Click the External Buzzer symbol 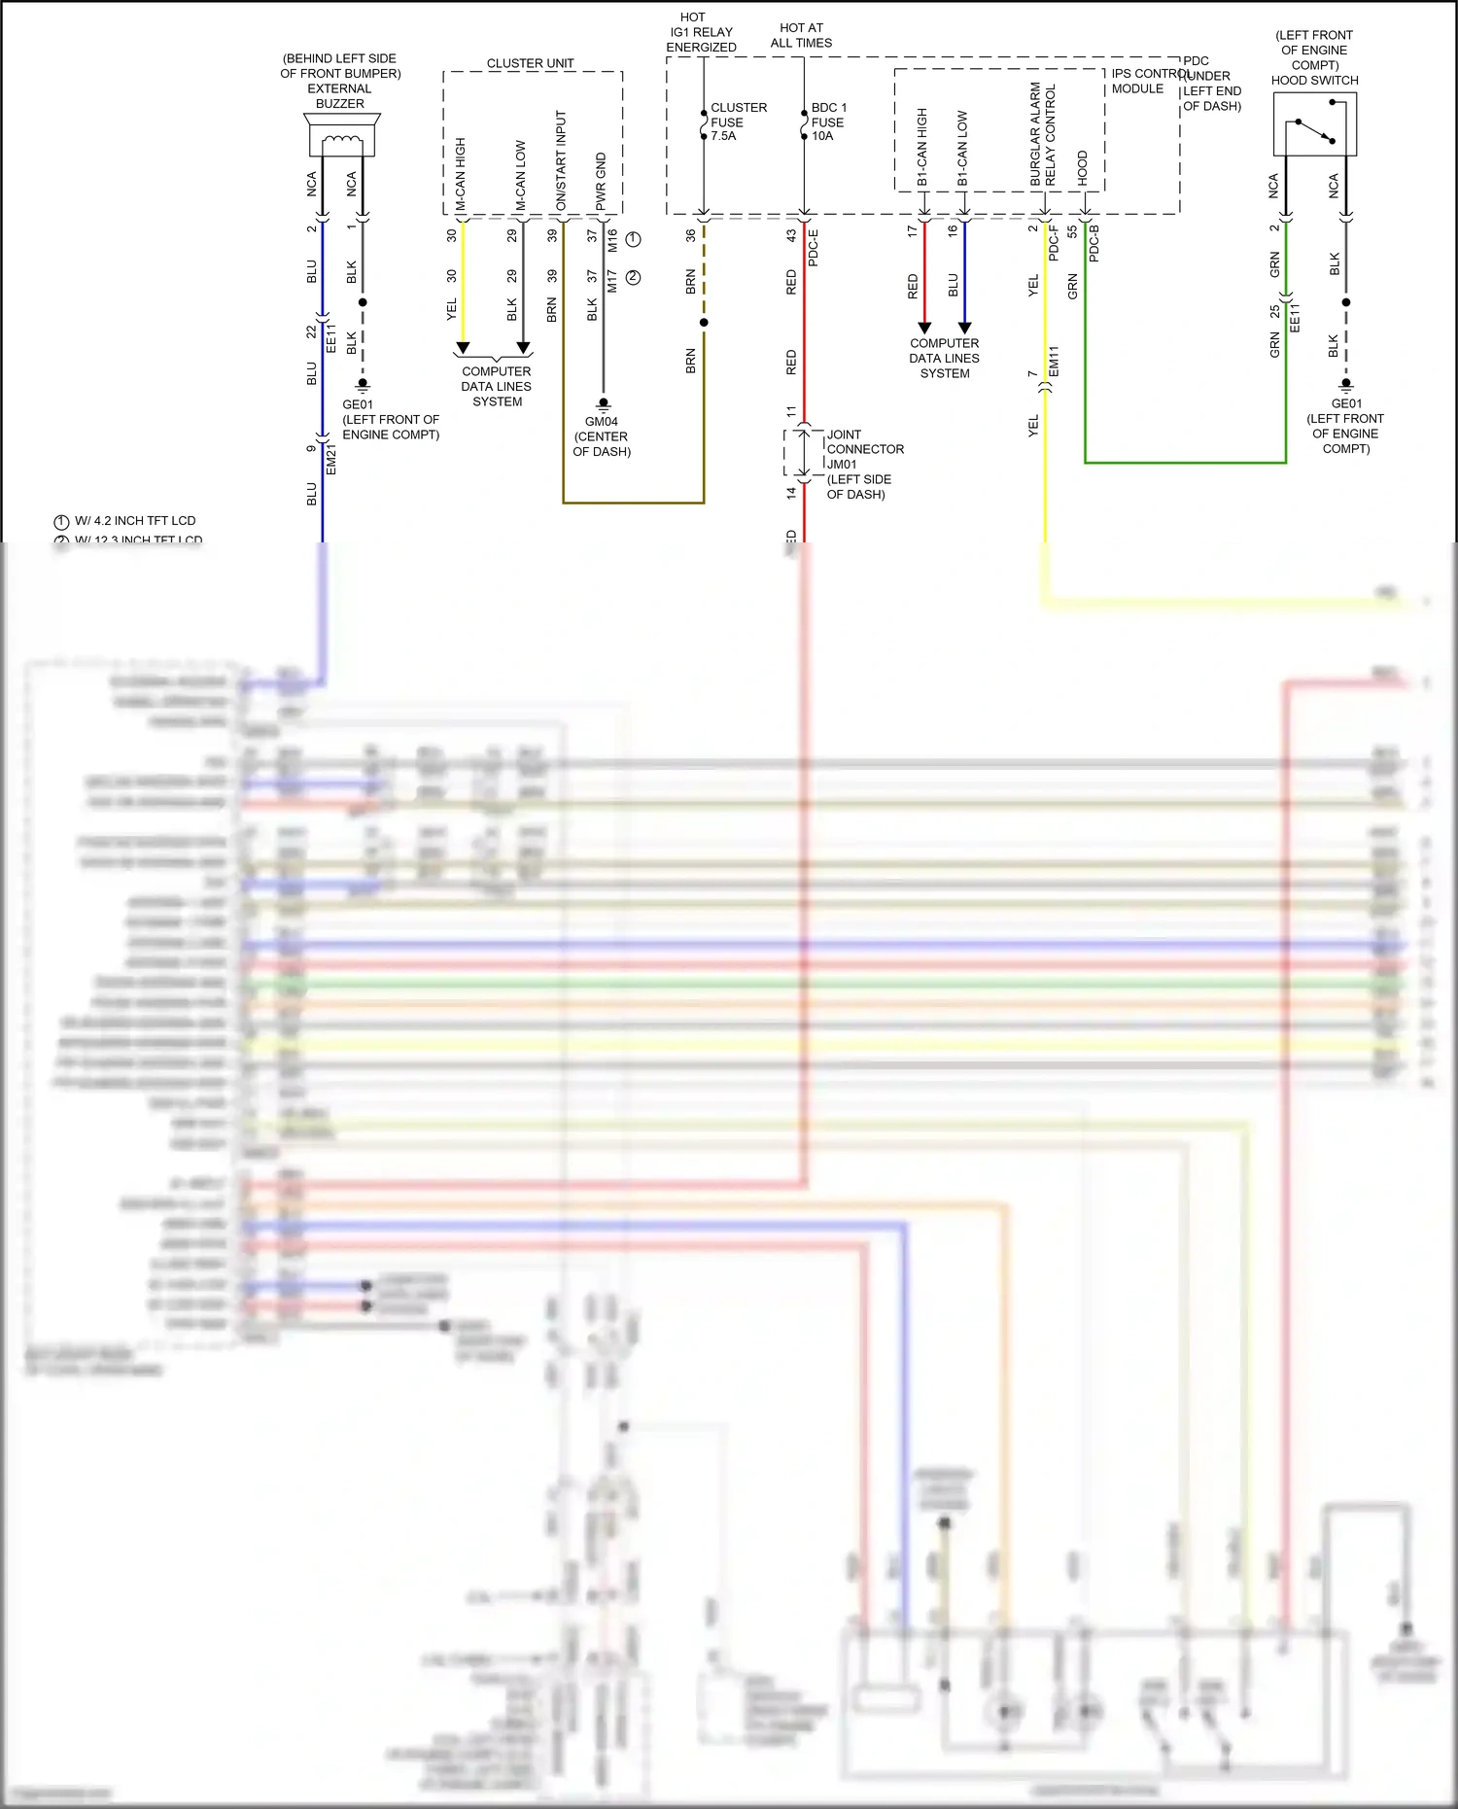(341, 135)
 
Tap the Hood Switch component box (1314, 124)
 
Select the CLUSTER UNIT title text (530, 63)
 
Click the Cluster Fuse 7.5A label (738, 122)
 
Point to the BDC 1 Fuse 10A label (828, 122)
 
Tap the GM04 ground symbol (603, 402)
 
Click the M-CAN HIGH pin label (461, 174)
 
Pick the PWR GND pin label (601, 181)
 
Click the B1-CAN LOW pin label (962, 148)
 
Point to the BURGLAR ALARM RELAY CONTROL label (1043, 135)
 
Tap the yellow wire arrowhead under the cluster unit (463, 347)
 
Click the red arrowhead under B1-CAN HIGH (924, 328)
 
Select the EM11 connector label (1054, 362)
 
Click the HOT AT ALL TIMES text (801, 35)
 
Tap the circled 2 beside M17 (633, 278)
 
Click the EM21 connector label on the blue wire (331, 460)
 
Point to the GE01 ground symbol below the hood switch (1346, 383)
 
